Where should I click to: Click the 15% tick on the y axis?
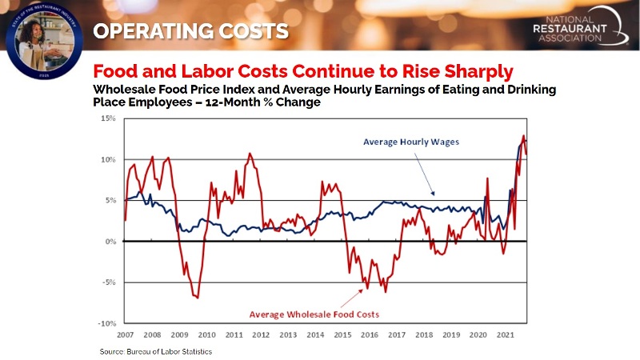click(x=110, y=118)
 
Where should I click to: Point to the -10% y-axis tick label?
click(x=108, y=323)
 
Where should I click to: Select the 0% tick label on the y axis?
click(x=111, y=241)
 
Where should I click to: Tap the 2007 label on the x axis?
click(x=125, y=335)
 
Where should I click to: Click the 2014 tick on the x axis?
click(x=315, y=335)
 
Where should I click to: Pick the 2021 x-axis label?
click(x=505, y=335)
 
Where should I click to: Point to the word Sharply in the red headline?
click(x=471, y=70)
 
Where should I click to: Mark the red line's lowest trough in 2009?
click(x=197, y=297)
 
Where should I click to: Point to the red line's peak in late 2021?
click(x=524, y=136)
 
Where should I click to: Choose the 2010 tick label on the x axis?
click(x=206, y=335)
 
